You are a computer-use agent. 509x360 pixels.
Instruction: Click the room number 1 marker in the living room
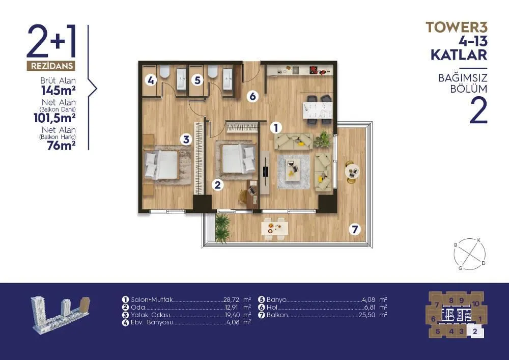pyautogui.click(x=276, y=128)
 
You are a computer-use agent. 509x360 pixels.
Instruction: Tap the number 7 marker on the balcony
pyautogui.click(x=355, y=230)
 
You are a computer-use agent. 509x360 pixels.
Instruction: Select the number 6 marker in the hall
pyautogui.click(x=252, y=96)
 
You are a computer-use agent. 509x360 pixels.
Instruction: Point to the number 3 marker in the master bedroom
pyautogui.click(x=186, y=140)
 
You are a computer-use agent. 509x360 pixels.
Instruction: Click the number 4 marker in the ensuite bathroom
pyautogui.click(x=151, y=80)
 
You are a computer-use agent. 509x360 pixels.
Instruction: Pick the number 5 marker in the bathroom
pyautogui.click(x=197, y=80)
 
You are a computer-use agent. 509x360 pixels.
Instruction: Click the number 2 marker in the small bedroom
pyautogui.click(x=217, y=185)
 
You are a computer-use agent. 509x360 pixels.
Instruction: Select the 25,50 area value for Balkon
pyautogui.click(x=367, y=315)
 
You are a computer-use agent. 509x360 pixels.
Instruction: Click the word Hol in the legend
pyautogui.click(x=272, y=307)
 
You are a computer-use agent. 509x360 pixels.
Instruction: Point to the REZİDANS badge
pyautogui.click(x=51, y=66)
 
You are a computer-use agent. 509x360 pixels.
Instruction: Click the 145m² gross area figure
pyautogui.click(x=59, y=91)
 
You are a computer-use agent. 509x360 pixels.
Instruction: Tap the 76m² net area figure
pyautogui.click(x=62, y=146)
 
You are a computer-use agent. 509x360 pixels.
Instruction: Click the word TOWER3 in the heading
pyautogui.click(x=457, y=27)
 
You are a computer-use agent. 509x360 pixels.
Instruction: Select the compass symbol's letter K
pyautogui.click(x=478, y=240)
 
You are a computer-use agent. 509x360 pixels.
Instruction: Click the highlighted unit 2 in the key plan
pyautogui.click(x=475, y=331)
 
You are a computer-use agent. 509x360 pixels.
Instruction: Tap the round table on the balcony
pyautogui.click(x=352, y=170)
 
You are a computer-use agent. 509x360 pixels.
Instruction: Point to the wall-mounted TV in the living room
pyautogui.click(x=265, y=172)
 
